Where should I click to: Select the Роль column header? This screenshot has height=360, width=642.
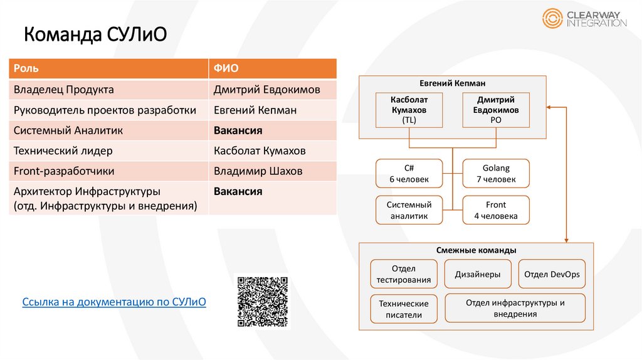pyautogui.click(x=108, y=68)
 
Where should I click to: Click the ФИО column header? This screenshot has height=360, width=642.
pyautogui.click(x=272, y=68)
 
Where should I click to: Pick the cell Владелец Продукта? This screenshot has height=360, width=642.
pyautogui.click(x=108, y=90)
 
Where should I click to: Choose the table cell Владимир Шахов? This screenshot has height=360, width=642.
pyautogui.click(x=272, y=171)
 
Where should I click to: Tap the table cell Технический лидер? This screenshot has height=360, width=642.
pyautogui.click(x=108, y=151)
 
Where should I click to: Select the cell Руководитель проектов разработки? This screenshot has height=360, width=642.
pyautogui.click(x=108, y=110)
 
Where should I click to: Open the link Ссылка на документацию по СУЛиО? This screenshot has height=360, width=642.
pyautogui.click(x=114, y=302)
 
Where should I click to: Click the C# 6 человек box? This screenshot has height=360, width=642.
pyautogui.click(x=409, y=174)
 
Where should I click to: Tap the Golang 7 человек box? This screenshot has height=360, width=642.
pyautogui.click(x=496, y=174)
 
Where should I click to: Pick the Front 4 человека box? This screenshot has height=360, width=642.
pyautogui.click(x=496, y=210)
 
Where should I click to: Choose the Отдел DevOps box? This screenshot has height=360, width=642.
pyautogui.click(x=552, y=274)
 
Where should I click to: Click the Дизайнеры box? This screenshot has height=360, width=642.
pyautogui.click(x=477, y=274)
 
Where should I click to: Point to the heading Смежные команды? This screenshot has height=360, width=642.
pyautogui.click(x=476, y=250)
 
